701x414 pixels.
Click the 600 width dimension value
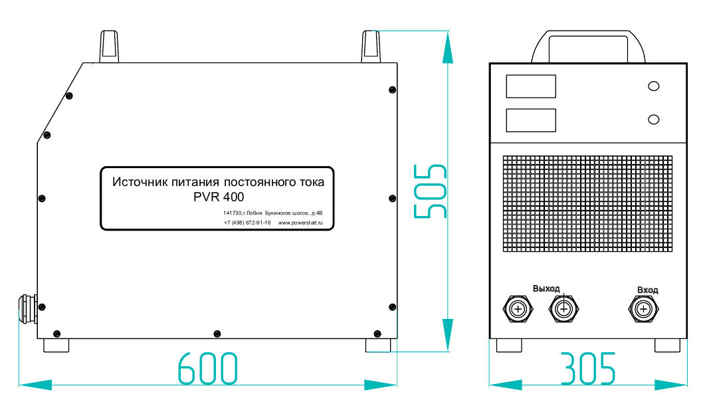click(207, 369)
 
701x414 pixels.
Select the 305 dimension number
click(588, 369)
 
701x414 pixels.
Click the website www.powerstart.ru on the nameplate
click(300, 223)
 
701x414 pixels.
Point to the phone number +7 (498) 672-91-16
click(247, 223)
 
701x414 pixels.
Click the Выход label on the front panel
click(546, 288)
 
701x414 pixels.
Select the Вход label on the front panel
click(647, 290)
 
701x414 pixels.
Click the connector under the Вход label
click(643, 308)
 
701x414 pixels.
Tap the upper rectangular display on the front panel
click(531, 86)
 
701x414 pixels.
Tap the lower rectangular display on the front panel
click(531, 120)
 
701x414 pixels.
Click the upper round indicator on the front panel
click(654, 86)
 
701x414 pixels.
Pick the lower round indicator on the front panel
click(654, 120)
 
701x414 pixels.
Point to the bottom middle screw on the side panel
click(215, 332)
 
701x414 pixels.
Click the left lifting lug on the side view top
click(110, 47)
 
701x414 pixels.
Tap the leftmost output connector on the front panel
click(518, 308)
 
